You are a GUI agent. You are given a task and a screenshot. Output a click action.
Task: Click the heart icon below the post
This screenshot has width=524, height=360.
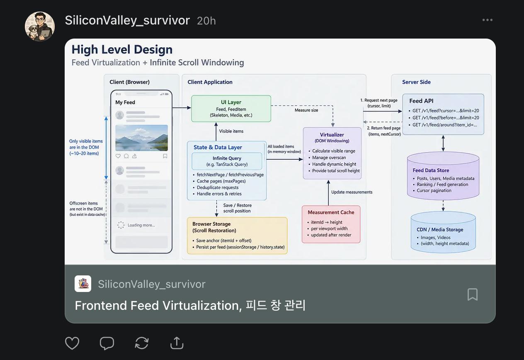click(72, 343)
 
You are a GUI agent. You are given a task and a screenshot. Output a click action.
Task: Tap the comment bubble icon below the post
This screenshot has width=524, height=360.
click(107, 343)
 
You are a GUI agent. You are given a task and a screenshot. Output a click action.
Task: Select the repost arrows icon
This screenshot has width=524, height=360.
click(142, 343)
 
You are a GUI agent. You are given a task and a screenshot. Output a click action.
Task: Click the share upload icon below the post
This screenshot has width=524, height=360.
click(177, 343)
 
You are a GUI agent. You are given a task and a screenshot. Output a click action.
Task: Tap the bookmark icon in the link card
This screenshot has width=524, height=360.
click(472, 294)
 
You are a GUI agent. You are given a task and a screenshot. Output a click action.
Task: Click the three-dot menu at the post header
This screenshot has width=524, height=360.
click(488, 20)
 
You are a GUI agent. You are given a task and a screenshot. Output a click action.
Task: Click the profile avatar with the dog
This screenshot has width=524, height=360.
click(40, 27)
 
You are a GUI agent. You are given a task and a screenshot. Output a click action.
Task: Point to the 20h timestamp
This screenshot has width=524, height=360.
click(206, 21)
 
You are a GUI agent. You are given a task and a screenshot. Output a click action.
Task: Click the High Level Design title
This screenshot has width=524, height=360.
click(122, 50)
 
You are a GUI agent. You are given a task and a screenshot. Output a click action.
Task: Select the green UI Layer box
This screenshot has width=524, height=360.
click(231, 109)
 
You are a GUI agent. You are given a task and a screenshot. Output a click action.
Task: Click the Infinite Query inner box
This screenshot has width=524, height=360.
click(227, 161)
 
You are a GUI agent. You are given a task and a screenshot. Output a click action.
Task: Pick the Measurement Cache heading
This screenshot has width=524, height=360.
click(331, 212)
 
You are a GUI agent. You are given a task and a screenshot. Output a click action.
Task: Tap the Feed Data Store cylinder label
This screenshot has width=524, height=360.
click(431, 170)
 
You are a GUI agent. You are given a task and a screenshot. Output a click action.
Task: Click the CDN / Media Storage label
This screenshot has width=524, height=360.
click(440, 230)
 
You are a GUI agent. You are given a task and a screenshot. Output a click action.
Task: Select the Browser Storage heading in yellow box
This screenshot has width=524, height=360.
click(214, 227)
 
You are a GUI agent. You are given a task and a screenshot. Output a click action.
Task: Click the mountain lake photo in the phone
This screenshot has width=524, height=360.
click(141, 138)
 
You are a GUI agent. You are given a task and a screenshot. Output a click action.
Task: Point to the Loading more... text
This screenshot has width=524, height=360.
click(141, 225)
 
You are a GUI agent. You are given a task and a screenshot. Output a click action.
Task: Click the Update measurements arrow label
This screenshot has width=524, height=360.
click(352, 192)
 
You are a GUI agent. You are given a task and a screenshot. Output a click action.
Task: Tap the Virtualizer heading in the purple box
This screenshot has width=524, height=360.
click(332, 135)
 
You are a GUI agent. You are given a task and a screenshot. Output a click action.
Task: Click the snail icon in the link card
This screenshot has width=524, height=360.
click(83, 284)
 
